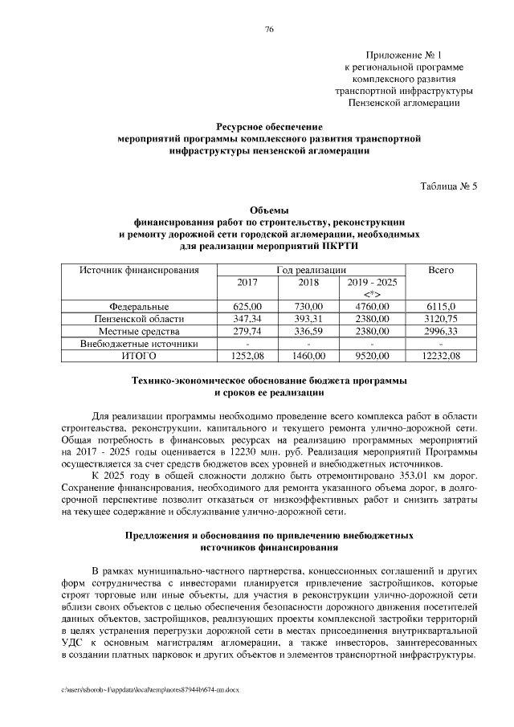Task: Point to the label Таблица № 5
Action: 449,186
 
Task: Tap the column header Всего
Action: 442,271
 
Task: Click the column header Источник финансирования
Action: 139,271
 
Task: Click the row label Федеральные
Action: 139,307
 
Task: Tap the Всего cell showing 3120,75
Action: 442,319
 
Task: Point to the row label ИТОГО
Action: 139,355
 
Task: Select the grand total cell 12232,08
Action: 442,355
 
